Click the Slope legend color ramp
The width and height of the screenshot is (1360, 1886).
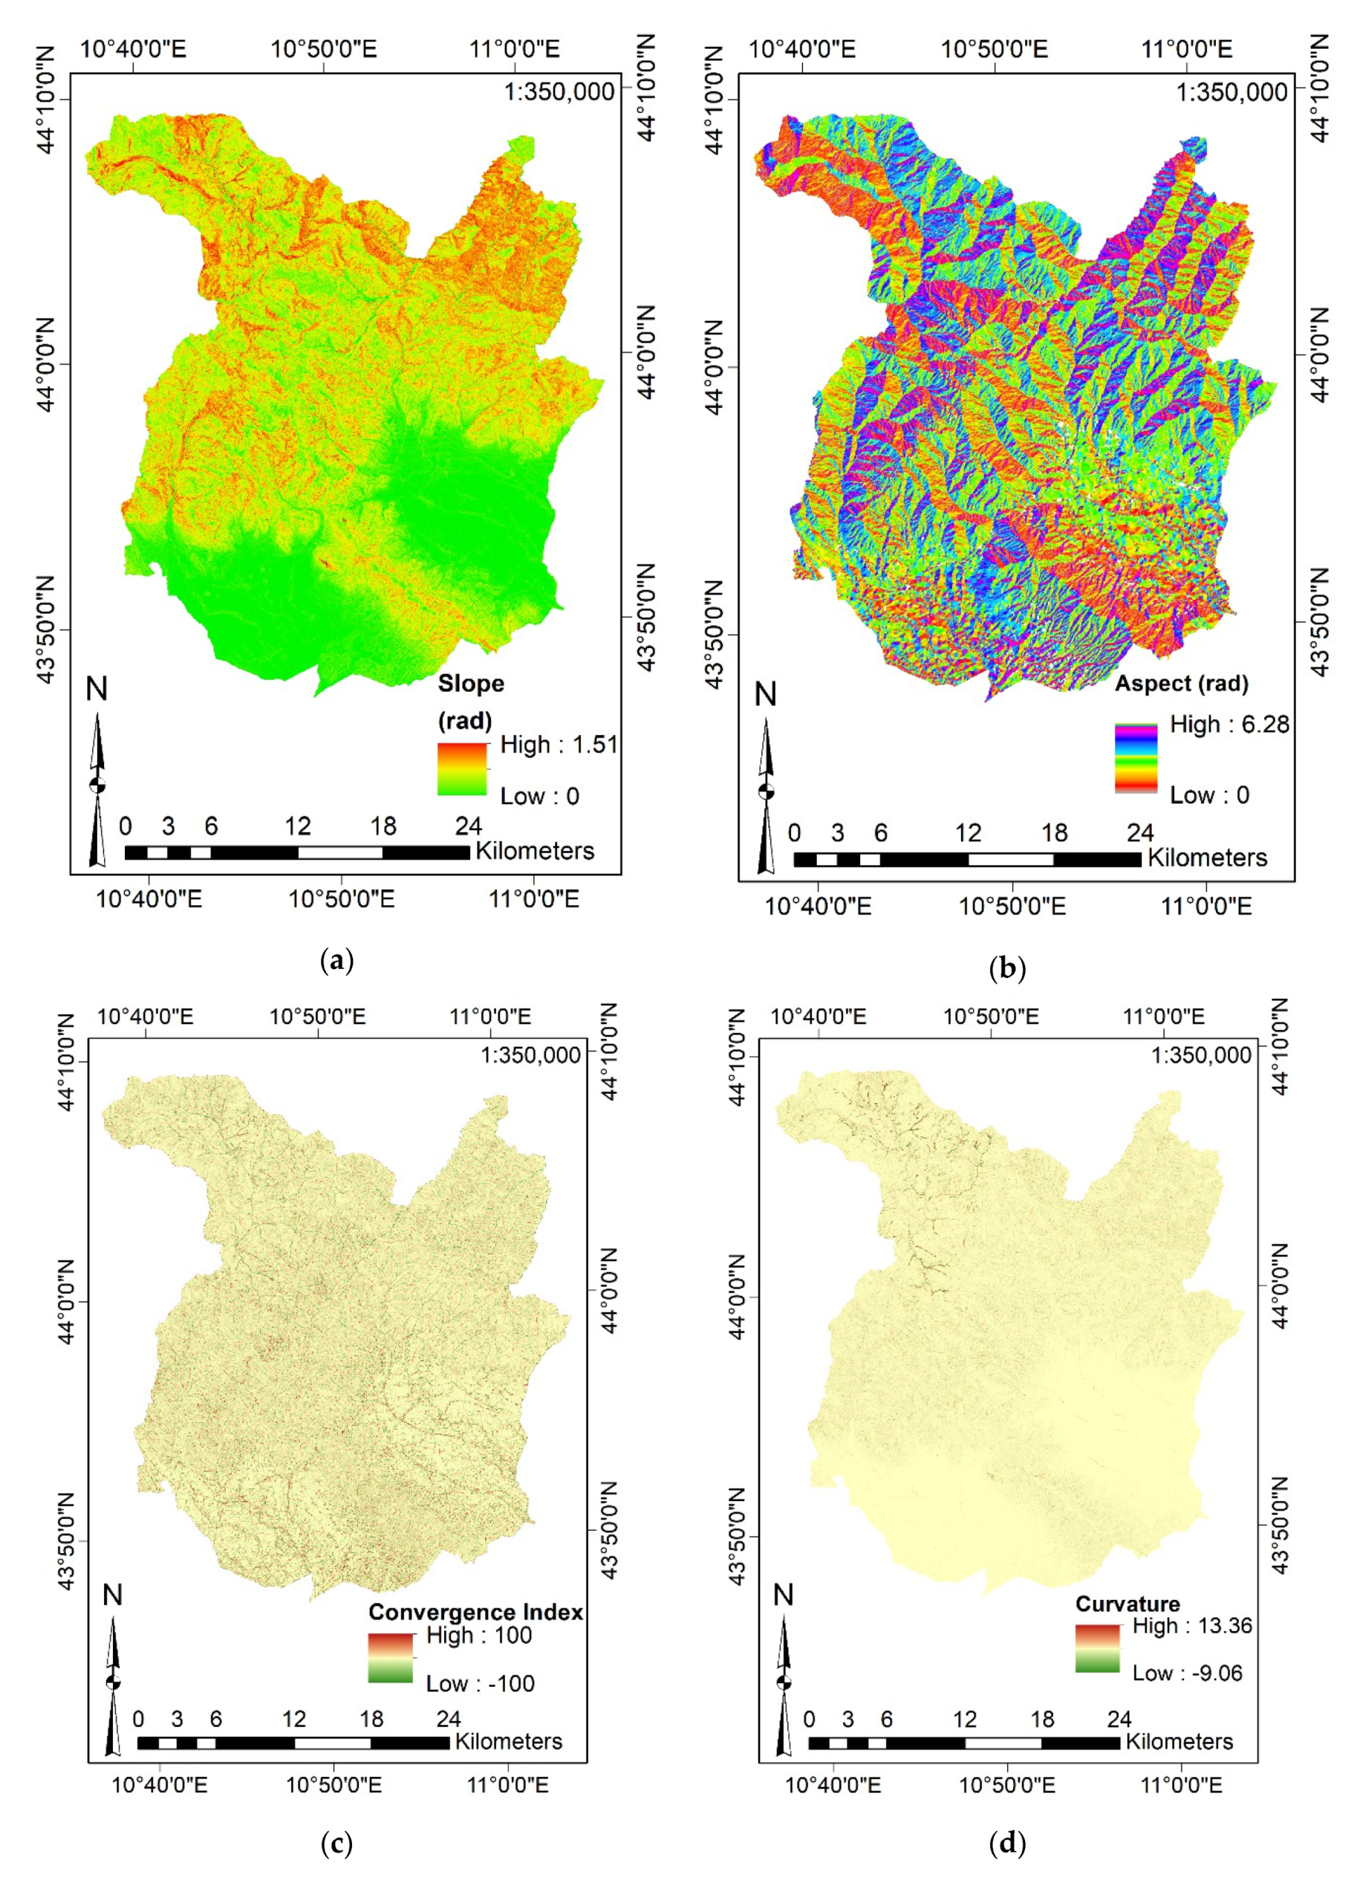[462, 768]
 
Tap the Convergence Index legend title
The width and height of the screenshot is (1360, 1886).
[475, 1612]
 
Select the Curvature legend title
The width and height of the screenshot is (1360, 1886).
[1128, 1604]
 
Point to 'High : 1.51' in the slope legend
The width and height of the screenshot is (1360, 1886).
[559, 745]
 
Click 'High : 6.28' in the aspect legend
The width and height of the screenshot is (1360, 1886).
[1229, 725]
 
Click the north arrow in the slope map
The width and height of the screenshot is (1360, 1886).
[97, 782]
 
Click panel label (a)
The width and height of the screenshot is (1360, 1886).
[336, 962]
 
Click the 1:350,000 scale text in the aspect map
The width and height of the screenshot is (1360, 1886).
[1232, 91]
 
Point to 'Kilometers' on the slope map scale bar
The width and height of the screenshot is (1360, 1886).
[535, 851]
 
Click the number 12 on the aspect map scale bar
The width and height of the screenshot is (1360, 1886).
[968, 832]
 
